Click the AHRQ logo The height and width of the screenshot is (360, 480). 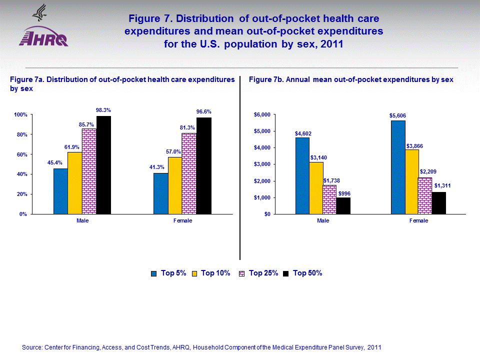point(43,30)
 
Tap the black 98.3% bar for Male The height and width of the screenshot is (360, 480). point(103,165)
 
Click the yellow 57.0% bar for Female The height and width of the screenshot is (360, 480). point(175,185)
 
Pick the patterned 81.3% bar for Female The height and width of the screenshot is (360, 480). point(189,173)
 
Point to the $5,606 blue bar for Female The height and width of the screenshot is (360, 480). point(398,167)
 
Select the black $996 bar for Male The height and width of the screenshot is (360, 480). point(343,205)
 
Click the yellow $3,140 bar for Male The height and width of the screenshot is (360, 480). point(316,188)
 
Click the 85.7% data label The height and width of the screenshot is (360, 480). point(86,124)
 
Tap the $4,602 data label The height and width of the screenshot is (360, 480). point(302,133)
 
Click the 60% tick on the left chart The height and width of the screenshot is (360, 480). point(20,154)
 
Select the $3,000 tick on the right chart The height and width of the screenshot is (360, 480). point(262,164)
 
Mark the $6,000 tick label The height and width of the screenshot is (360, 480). point(262,115)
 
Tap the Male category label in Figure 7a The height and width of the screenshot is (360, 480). point(82,220)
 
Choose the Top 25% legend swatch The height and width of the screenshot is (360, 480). point(242,273)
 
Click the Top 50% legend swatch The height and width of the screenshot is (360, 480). point(286,273)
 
